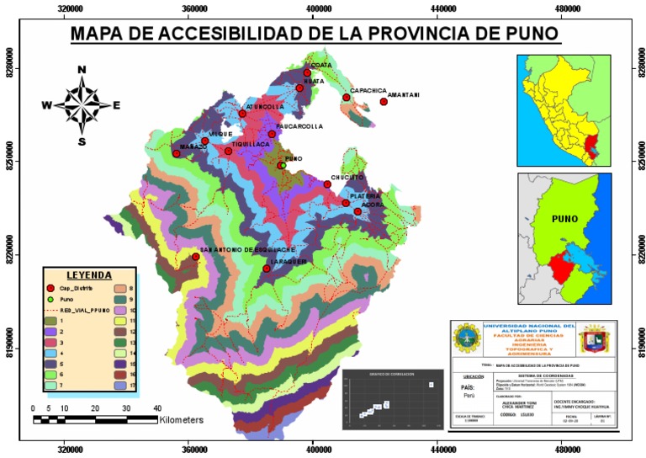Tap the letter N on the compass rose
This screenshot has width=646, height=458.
[82, 70]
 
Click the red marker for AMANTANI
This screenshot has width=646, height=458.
[384, 102]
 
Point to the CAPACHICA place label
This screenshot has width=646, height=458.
[368, 90]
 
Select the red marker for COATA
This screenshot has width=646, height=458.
[308, 73]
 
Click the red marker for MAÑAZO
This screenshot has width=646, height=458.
[177, 153]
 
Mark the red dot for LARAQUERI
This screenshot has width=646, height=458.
[267, 269]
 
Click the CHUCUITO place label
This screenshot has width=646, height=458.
[347, 178]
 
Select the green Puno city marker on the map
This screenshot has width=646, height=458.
[283, 166]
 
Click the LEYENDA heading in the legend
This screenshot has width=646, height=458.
[89, 275]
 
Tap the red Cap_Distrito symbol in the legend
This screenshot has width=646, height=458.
[51, 288]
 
